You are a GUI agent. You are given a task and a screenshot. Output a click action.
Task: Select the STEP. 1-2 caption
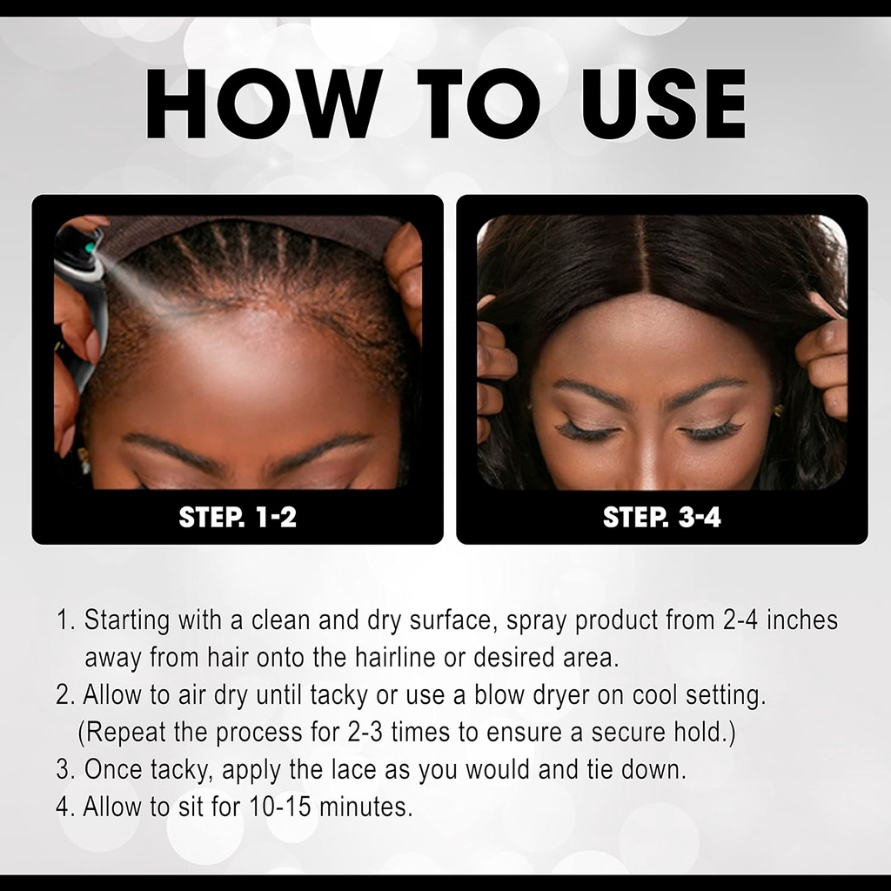[238, 517]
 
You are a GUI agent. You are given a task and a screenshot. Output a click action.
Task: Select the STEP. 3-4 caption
[662, 517]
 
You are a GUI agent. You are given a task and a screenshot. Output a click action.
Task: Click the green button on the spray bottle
[90, 248]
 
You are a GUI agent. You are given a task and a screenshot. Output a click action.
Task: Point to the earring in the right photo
[778, 410]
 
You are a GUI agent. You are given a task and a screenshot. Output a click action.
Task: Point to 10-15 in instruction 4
[280, 807]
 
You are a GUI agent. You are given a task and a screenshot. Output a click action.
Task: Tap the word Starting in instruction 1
[127, 620]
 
